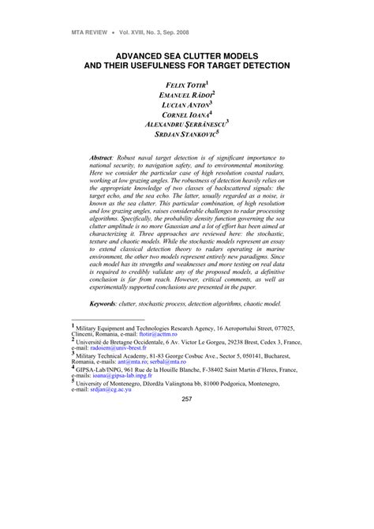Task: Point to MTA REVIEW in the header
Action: [x=73, y=32]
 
